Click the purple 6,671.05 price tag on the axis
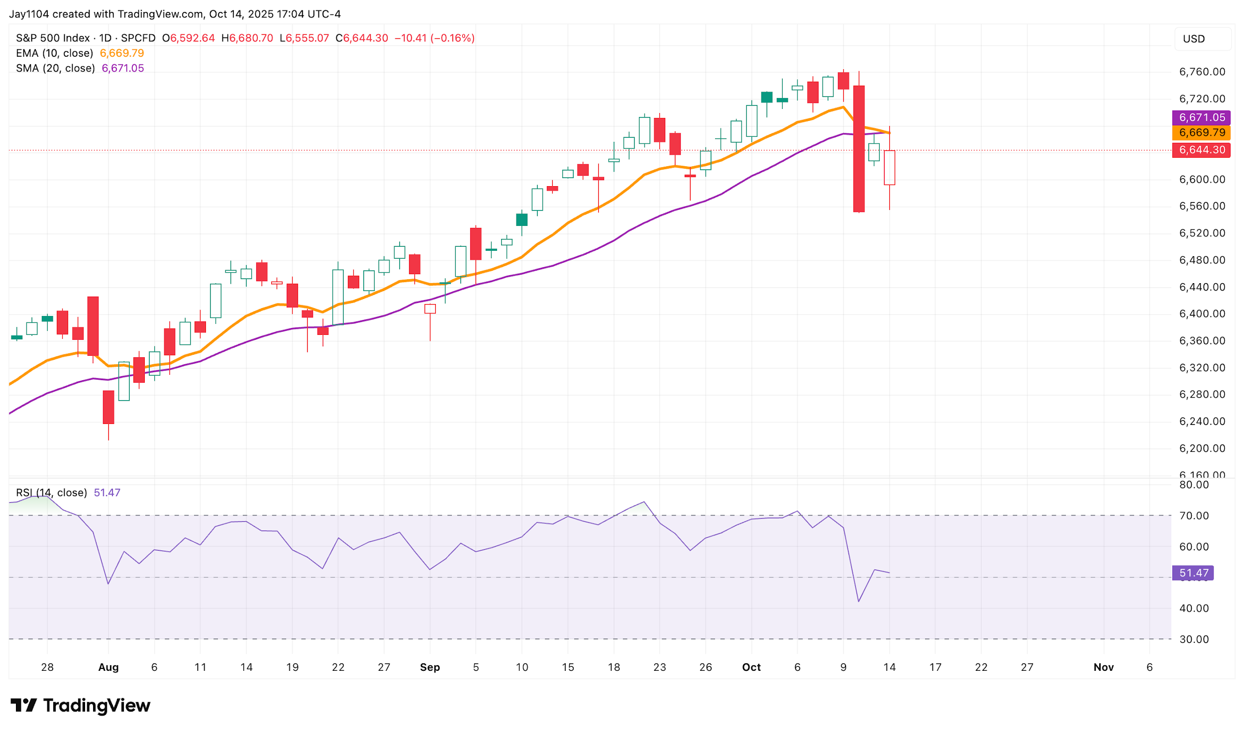[1201, 117]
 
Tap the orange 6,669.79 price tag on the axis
[1201, 132]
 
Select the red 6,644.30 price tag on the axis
[1201, 150]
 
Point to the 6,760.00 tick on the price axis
[1202, 72]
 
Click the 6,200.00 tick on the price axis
[1202, 448]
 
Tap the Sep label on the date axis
[429, 667]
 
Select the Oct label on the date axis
[751, 667]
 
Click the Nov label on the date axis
[1103, 667]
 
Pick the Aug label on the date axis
[108, 667]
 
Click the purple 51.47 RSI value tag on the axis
[1193, 573]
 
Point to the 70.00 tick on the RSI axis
[1194, 516]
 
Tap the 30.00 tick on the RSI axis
[1194, 639]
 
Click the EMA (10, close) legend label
[54, 53]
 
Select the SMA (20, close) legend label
[55, 68]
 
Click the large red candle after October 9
[858, 149]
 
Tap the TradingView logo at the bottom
[80, 705]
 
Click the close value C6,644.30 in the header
[362, 38]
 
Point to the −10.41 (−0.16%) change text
[434, 38]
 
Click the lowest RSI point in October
[858, 601]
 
